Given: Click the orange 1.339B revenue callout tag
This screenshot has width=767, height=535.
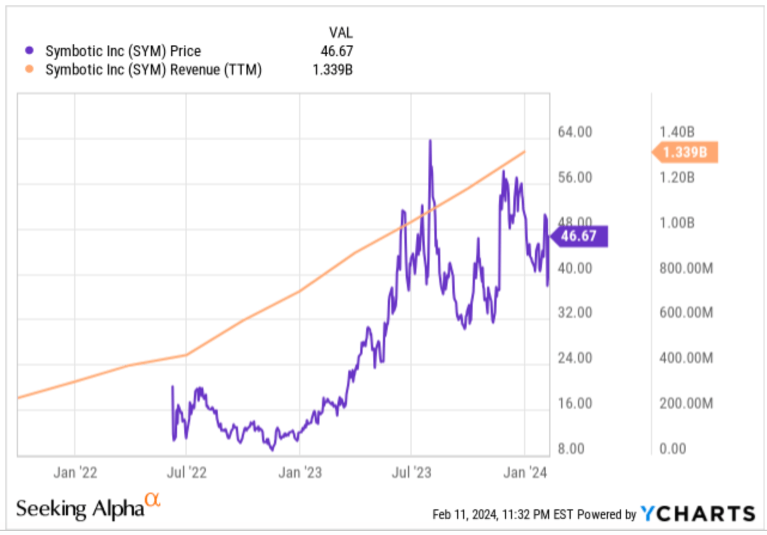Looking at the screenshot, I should click(685, 152).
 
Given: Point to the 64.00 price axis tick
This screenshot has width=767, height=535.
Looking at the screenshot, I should click(576, 132).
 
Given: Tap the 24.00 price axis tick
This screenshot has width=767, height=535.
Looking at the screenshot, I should click(576, 358).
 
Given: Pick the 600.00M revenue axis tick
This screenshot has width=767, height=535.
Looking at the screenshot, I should click(686, 313).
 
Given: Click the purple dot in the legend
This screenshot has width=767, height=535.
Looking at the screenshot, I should click(31, 51).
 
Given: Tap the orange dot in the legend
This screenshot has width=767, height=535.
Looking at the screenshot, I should click(31, 70).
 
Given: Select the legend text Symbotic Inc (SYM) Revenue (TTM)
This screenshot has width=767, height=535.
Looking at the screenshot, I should click(154, 70).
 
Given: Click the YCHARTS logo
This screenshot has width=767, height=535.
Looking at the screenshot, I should click(698, 513).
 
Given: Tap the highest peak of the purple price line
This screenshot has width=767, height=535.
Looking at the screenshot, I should click(430, 140).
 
